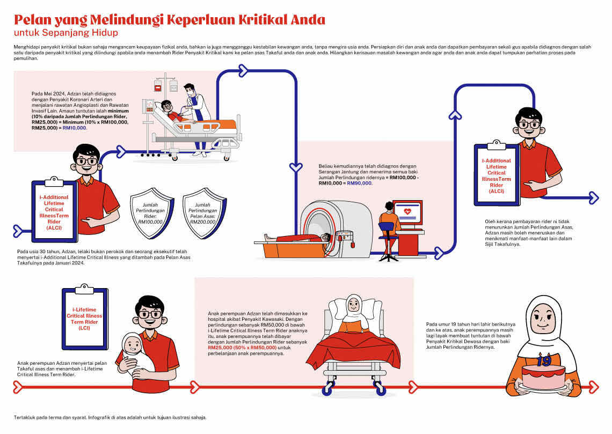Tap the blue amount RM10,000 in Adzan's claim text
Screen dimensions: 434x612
(x=75, y=128)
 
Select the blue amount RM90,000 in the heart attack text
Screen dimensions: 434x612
(x=359, y=183)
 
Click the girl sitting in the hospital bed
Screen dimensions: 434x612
(x=353, y=317)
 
